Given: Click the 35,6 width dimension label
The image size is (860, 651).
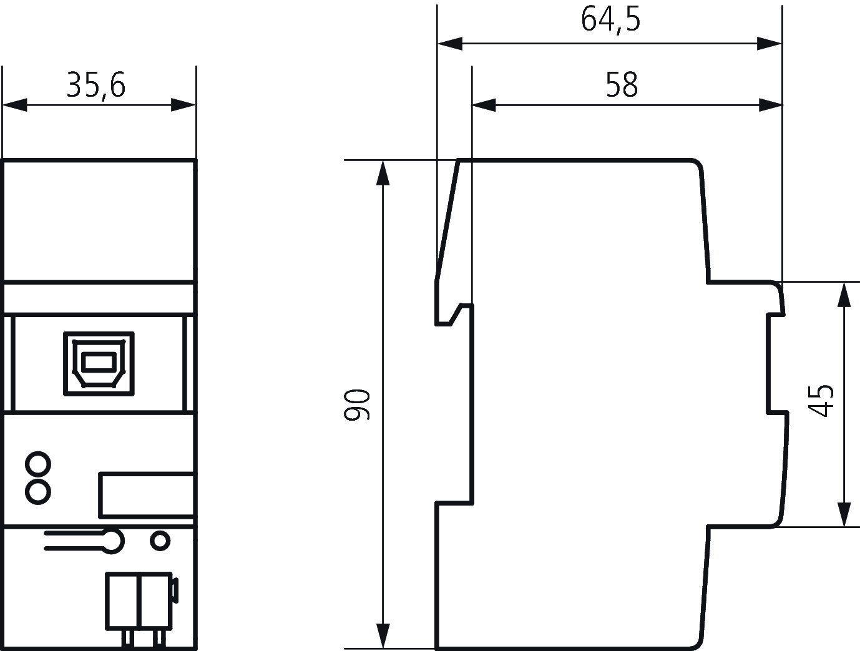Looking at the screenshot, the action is point(96,86).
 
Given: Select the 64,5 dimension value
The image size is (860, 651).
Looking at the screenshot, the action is point(610,20).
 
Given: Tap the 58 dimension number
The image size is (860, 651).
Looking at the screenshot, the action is point(622,84).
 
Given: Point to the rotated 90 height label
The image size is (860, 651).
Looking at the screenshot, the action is point(356,404).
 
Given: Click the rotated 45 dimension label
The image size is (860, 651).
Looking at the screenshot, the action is point(821,401).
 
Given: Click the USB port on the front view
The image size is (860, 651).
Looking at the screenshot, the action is point(99,364).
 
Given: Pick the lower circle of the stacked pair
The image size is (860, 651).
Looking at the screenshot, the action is point(38,492).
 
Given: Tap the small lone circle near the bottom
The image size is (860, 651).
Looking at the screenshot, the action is point(160,541).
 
